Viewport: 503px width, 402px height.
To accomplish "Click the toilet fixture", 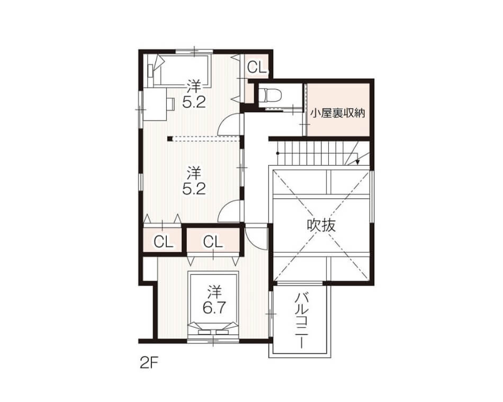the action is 270,94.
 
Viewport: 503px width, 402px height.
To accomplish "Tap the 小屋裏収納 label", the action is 338,113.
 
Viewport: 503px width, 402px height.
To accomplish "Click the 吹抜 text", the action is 321,225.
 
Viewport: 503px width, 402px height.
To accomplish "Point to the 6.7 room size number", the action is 214,308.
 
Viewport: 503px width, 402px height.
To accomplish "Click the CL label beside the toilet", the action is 257,67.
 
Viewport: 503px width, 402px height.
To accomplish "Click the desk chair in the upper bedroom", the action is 170,104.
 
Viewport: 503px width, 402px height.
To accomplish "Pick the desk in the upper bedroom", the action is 155,104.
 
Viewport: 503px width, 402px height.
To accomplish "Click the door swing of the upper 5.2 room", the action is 228,124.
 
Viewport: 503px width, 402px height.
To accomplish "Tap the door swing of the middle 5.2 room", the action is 228,211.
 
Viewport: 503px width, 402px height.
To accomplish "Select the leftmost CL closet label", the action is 163,242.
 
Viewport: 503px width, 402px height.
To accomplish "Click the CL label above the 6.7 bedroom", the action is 213,242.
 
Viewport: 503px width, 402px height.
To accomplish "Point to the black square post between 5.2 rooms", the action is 170,139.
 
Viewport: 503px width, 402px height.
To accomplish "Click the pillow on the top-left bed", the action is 151,70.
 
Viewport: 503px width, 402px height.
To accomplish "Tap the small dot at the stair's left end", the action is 278,153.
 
